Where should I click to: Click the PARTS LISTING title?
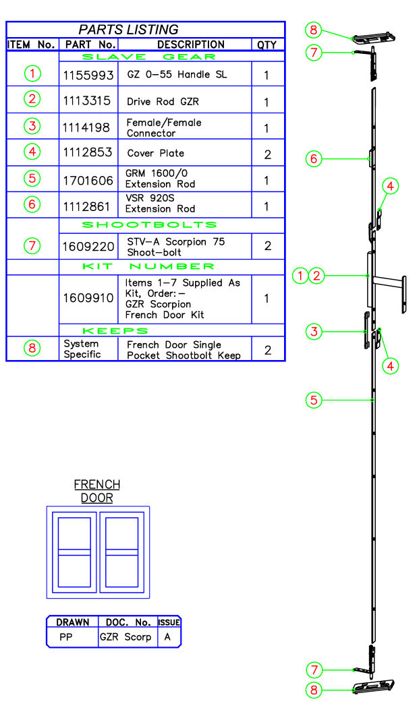click(128, 30)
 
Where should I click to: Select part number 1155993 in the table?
click(88, 75)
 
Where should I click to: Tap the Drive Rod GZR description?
click(163, 102)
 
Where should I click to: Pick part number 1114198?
click(88, 127)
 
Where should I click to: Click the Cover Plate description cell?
click(156, 153)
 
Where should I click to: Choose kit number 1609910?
click(88, 297)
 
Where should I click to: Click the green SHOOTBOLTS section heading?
click(149, 225)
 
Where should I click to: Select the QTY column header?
click(267, 45)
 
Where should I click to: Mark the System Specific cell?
click(82, 349)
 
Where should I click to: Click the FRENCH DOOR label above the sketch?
click(97, 491)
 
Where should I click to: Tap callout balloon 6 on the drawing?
click(313, 159)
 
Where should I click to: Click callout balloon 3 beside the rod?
click(313, 331)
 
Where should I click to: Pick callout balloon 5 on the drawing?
click(313, 400)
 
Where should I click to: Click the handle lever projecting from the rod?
click(389, 278)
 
